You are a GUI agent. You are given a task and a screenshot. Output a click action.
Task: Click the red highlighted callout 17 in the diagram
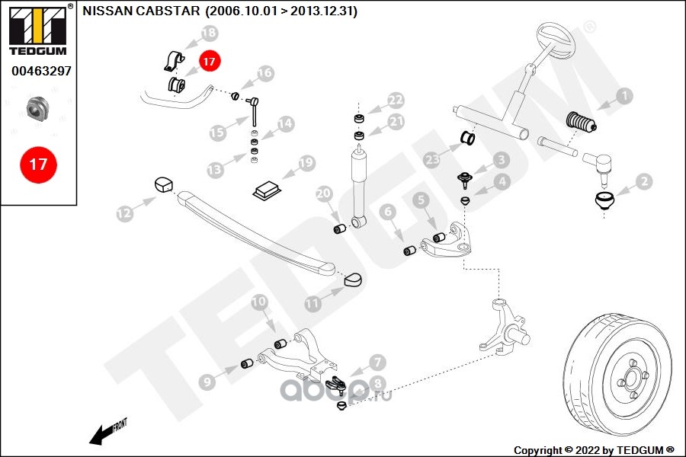tap(209, 59)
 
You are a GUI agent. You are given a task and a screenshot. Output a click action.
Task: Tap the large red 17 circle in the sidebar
tap(38, 164)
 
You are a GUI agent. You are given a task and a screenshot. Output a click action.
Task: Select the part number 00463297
tap(38, 71)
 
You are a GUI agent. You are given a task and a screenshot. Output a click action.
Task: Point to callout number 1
tap(624, 96)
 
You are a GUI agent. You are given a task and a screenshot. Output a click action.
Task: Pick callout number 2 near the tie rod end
tap(645, 181)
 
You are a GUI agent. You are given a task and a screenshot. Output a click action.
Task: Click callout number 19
tap(306, 162)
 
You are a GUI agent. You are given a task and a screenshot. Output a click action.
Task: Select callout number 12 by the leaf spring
tap(124, 214)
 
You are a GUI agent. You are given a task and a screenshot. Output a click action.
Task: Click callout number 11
tap(313, 302)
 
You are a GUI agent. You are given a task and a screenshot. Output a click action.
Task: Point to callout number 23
tap(433, 159)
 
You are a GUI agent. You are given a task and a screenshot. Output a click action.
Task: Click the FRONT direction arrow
tap(107, 432)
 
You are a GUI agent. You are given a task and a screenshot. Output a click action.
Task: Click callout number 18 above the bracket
tap(208, 33)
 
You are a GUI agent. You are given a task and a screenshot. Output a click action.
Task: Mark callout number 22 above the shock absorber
tap(395, 100)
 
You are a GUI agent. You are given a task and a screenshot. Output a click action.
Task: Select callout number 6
tap(386, 211)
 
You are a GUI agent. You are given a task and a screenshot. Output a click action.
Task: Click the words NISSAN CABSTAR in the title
tap(142, 11)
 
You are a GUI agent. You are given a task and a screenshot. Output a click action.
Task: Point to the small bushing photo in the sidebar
tap(38, 108)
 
